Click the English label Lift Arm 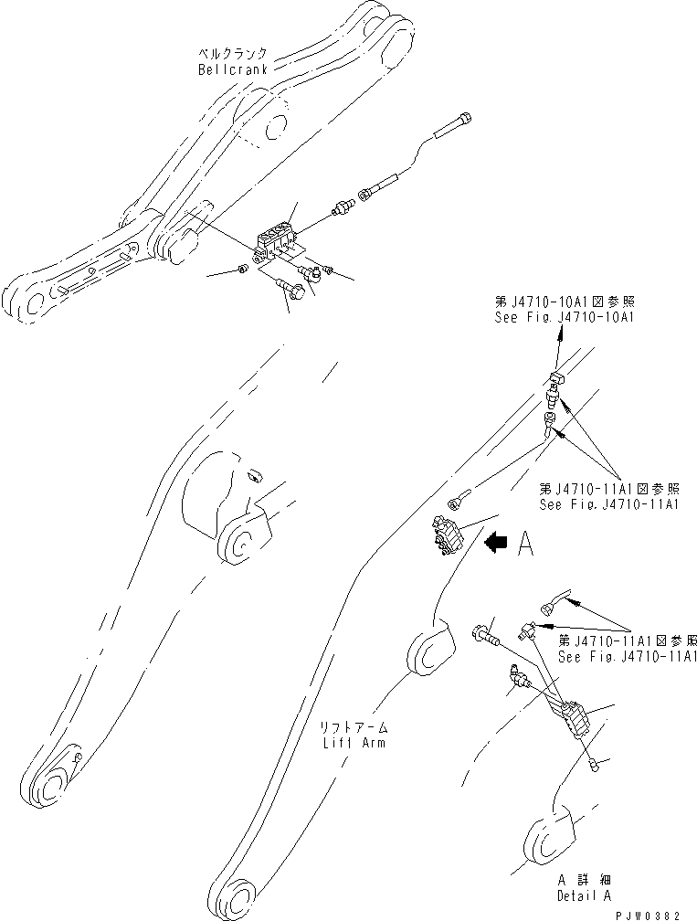point(354,742)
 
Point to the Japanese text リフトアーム point(354,728)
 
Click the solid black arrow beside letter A point(497,544)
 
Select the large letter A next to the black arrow point(524,544)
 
